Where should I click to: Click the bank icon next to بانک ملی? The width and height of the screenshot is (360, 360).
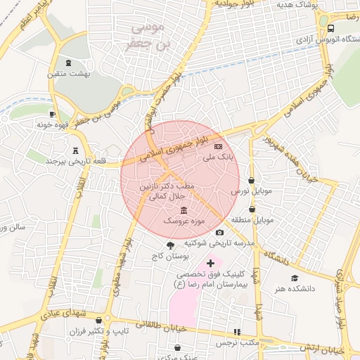tap(218, 146)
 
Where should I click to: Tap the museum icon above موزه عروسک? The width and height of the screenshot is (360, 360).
tap(184, 211)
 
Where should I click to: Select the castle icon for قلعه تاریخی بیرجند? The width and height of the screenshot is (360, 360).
tap(75, 149)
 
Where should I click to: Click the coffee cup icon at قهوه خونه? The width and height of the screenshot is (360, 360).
tap(52, 114)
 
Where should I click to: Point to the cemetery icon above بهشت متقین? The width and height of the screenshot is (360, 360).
tap(68, 63)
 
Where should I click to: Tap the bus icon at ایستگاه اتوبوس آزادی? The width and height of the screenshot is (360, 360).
tap(330, 28)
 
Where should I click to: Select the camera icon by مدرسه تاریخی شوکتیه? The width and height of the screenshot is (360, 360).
tap(219, 233)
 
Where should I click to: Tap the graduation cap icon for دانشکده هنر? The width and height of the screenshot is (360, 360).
tap(295, 278)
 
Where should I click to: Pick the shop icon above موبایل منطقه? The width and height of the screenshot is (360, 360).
tap(252, 209)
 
